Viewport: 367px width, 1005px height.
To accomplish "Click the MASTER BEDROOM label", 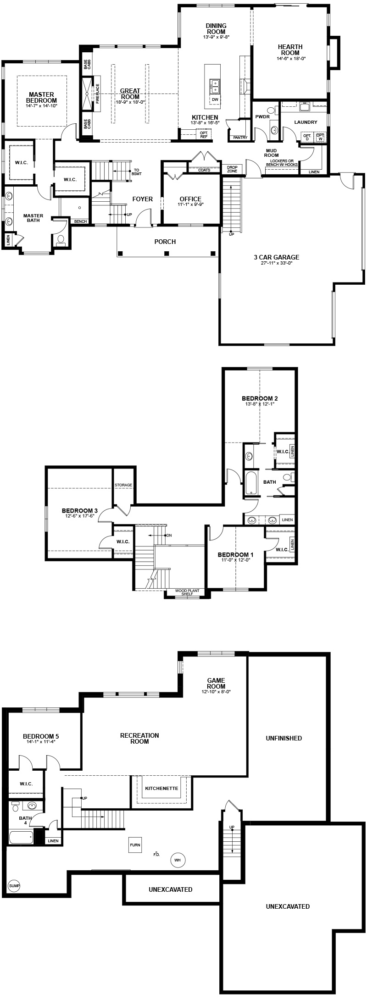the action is pyautogui.click(x=41, y=97).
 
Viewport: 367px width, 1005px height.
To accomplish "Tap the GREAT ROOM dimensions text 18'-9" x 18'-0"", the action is pyautogui.click(x=130, y=102).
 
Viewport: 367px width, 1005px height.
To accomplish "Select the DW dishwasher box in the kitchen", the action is pyautogui.click(x=215, y=99).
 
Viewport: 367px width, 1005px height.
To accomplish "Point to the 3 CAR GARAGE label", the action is pyautogui.click(x=276, y=257).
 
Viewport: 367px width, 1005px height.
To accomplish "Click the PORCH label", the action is pyautogui.click(x=165, y=242).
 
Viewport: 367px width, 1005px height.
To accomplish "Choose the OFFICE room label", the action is pyautogui.click(x=190, y=199).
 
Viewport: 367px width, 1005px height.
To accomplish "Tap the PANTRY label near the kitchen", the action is pyautogui.click(x=240, y=138).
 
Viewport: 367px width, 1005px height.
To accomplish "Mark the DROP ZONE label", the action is pyautogui.click(x=232, y=169).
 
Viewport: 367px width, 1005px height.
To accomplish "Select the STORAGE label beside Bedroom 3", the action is pyautogui.click(x=124, y=485).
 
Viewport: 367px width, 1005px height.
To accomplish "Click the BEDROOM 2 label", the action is pyautogui.click(x=260, y=398).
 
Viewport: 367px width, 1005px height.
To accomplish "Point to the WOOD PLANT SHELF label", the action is pyautogui.click(x=187, y=592).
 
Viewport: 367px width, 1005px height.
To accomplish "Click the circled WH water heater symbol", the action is pyautogui.click(x=178, y=860).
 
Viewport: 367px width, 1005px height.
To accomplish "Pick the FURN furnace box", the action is pyautogui.click(x=135, y=844).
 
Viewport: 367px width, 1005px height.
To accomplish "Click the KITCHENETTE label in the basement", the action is pyautogui.click(x=161, y=789).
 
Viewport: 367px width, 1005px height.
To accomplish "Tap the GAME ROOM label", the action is pyautogui.click(x=216, y=683).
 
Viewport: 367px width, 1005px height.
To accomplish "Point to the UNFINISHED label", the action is pyautogui.click(x=284, y=738).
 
